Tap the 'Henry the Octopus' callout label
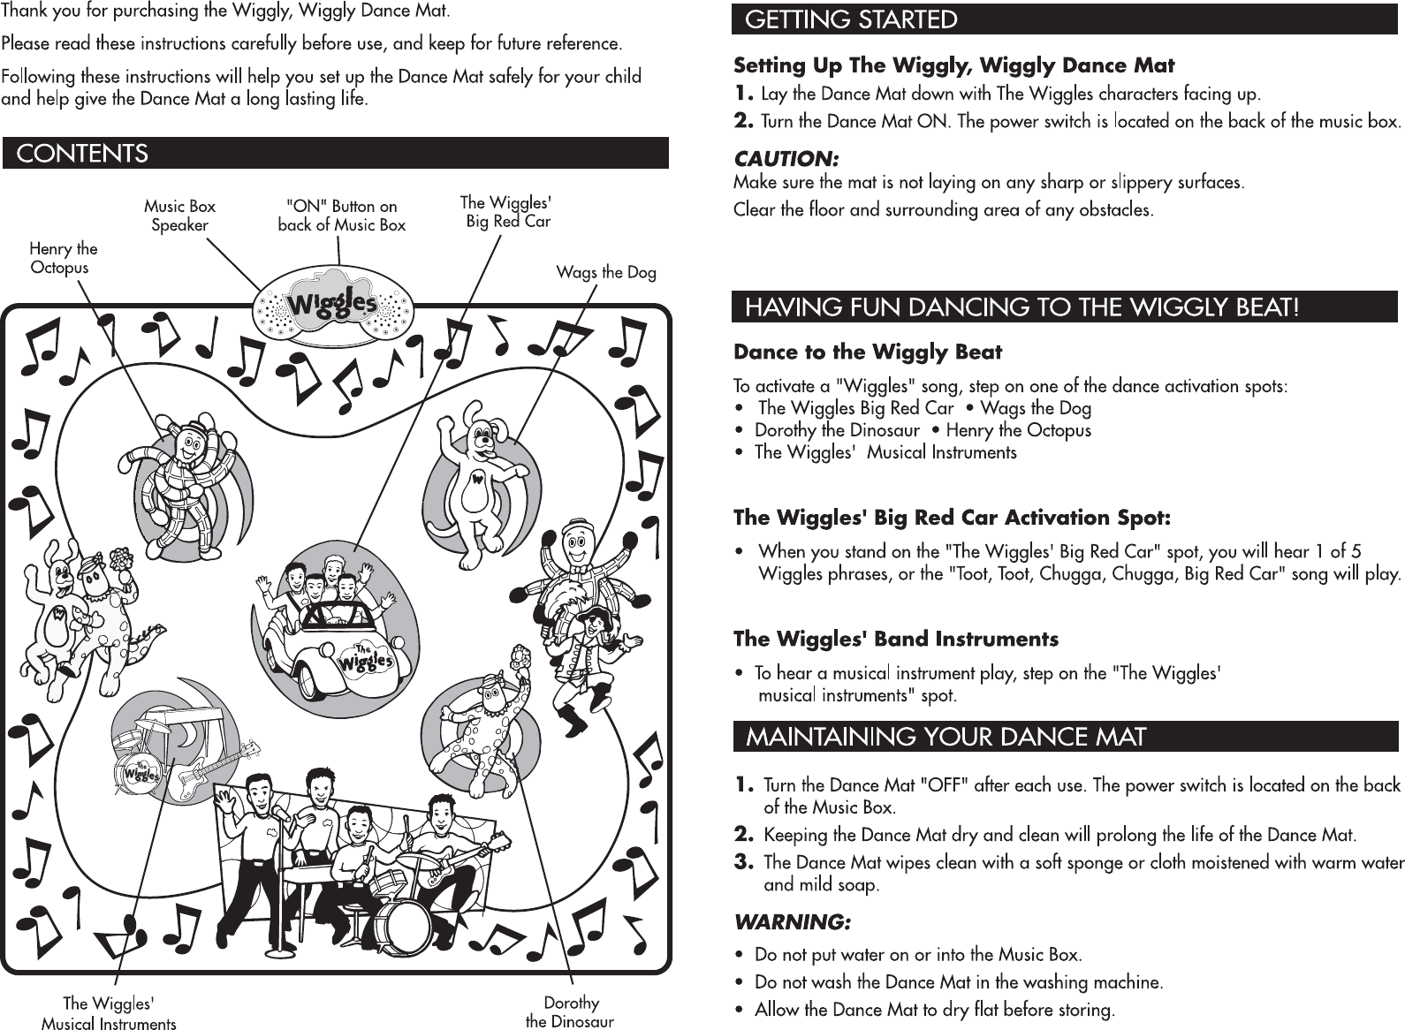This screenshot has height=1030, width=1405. coord(63,258)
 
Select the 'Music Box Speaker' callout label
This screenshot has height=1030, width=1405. coord(179,216)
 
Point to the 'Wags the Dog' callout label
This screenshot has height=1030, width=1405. coord(606,272)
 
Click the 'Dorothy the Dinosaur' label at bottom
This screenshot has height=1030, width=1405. coord(570,1012)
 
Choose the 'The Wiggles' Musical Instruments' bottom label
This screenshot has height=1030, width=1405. coord(109,1013)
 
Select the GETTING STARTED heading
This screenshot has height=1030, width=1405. coord(852,19)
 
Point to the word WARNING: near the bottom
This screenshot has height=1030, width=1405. coord(793,922)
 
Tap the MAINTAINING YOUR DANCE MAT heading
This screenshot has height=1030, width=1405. coord(946,737)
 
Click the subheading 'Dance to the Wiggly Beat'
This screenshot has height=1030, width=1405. coord(868,352)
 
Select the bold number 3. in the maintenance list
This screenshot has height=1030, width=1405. coord(745,861)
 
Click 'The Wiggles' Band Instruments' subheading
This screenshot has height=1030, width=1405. coord(896,639)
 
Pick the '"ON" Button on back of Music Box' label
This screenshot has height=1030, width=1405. coord(341,216)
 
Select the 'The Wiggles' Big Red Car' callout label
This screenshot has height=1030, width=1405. coord(507,212)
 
